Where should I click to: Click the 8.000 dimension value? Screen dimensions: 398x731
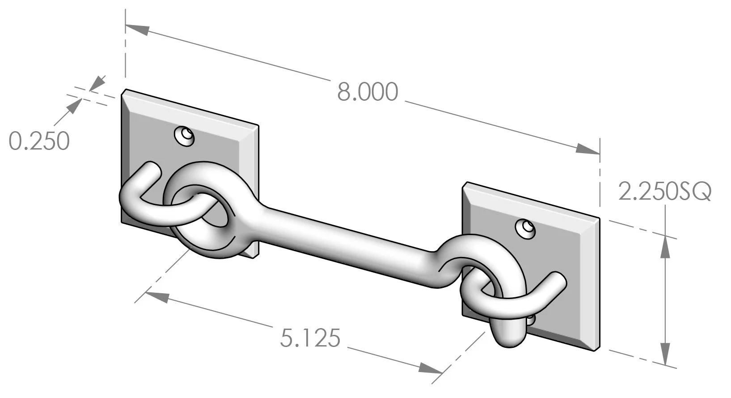click(367, 93)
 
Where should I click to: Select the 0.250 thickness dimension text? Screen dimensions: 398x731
click(39, 141)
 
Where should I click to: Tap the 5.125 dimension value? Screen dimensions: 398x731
click(310, 338)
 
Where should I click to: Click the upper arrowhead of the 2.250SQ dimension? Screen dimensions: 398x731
click(666, 247)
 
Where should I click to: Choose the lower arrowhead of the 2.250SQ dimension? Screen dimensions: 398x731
click(666, 353)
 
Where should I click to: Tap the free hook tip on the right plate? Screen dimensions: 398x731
click(559, 280)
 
